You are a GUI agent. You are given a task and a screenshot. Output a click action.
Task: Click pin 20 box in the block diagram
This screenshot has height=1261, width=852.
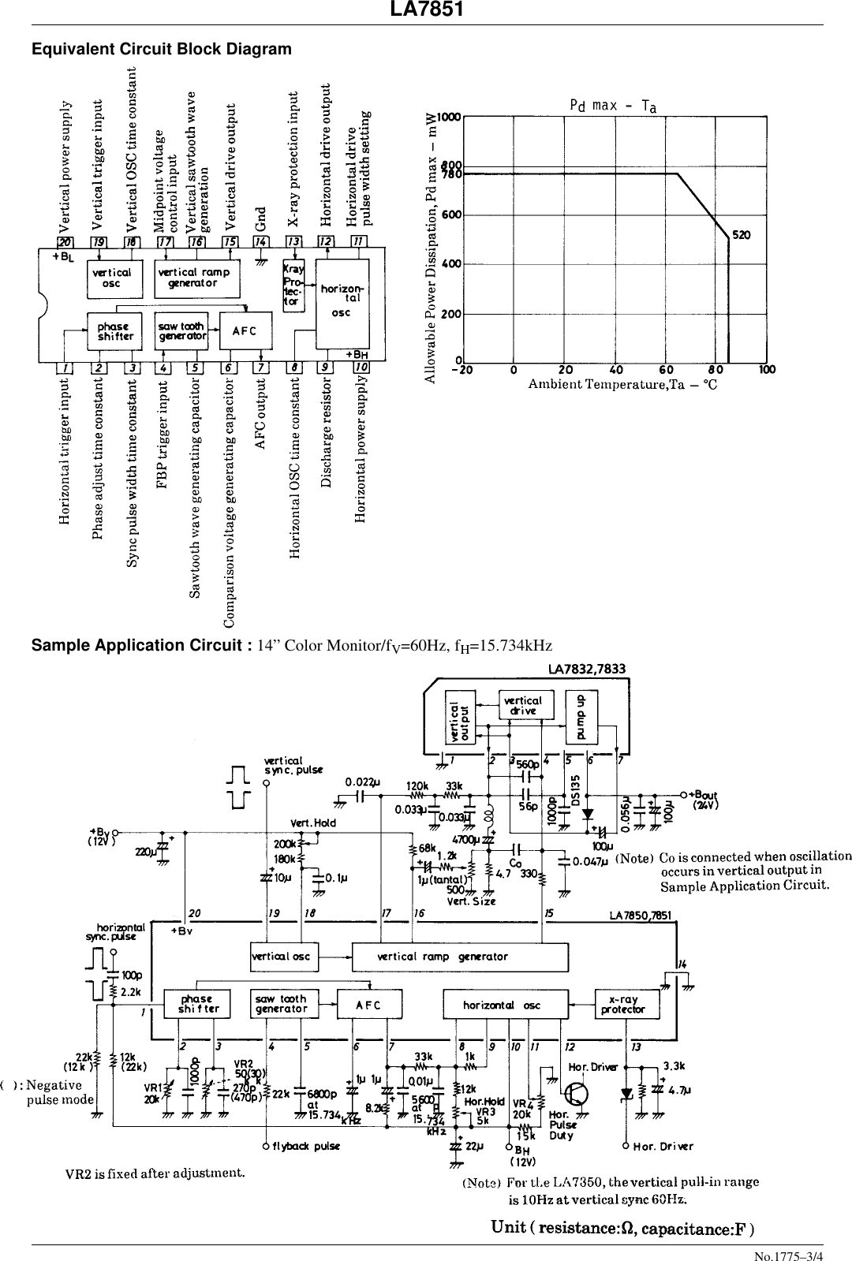(x=65, y=241)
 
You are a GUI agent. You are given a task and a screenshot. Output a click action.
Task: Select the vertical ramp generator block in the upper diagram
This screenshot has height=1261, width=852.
(x=196, y=278)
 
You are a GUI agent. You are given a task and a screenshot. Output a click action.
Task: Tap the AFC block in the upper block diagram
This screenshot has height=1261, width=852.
(x=245, y=330)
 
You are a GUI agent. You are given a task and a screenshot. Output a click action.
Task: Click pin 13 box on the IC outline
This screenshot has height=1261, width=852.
(x=293, y=241)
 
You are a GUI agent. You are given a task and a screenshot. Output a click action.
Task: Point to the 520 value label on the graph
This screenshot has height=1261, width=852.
(x=742, y=235)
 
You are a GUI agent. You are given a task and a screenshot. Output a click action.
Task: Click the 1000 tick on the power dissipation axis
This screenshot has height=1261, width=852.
(x=450, y=118)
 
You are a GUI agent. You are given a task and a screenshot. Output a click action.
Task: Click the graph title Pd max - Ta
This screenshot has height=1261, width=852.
(x=613, y=106)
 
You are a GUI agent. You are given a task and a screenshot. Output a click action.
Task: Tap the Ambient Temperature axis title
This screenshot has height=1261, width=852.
(x=622, y=385)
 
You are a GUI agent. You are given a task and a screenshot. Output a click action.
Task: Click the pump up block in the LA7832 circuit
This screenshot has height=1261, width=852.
(x=581, y=716)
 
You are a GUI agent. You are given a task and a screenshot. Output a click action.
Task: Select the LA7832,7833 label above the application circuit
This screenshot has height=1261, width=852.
(x=587, y=670)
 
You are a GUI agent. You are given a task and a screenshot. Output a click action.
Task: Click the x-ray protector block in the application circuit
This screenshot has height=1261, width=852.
(x=622, y=1004)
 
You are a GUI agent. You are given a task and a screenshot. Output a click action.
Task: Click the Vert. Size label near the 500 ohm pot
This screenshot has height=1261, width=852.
(x=471, y=901)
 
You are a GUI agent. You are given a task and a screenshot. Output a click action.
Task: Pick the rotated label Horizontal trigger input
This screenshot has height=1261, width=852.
(x=65, y=450)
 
